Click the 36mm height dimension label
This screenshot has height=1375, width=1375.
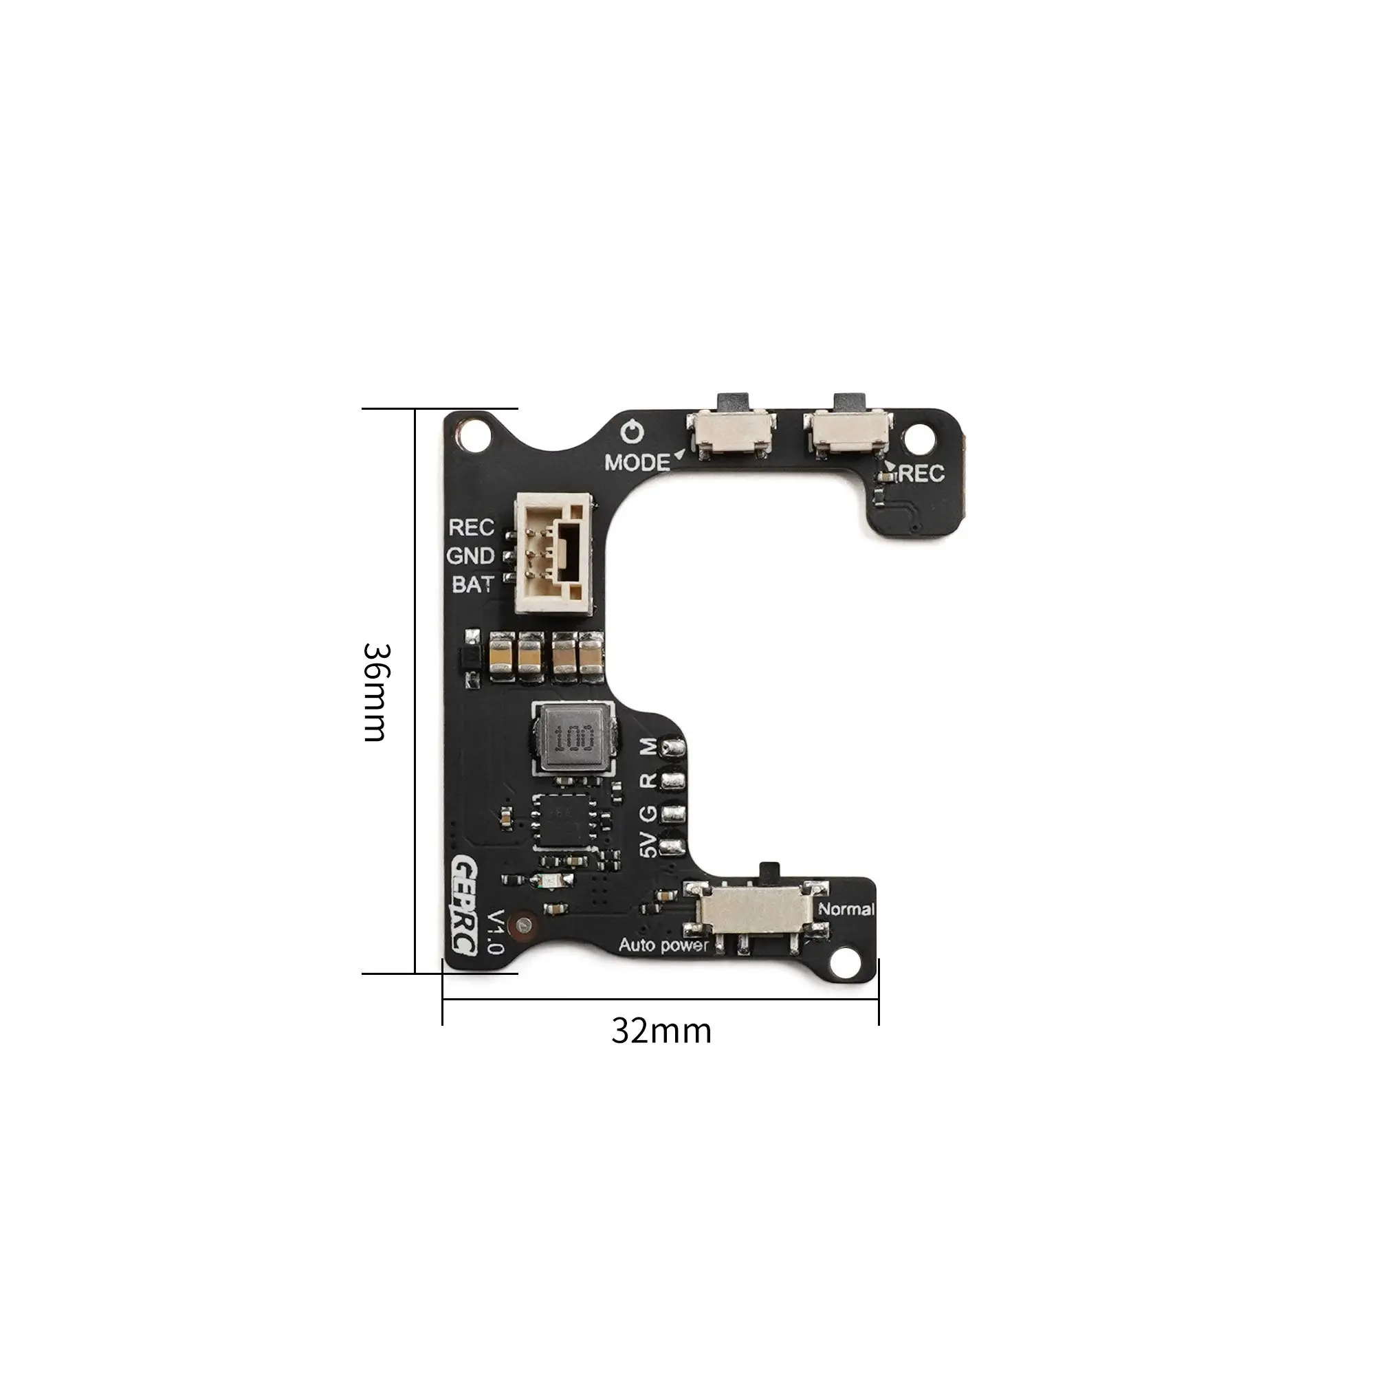coord(375,692)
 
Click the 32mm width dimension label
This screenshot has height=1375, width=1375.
coord(661,1031)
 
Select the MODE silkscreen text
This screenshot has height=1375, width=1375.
coord(637,463)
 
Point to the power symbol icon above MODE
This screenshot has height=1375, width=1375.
coord(632,432)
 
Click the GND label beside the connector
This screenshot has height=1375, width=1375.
coord(470,555)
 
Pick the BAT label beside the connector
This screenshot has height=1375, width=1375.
coord(472,584)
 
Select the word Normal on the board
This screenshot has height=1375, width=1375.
coord(846,909)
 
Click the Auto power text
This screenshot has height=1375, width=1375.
coord(663,945)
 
